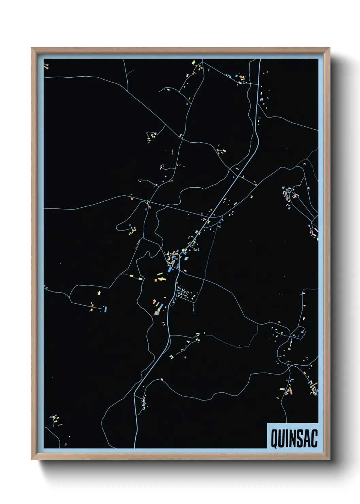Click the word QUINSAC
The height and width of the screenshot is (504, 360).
(294, 438)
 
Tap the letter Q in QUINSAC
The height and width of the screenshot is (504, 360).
(274, 439)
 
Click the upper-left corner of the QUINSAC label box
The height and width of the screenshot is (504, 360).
(267, 424)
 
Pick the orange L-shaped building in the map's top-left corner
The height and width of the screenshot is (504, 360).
(47, 67)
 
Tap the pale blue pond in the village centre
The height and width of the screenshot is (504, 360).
(186, 258)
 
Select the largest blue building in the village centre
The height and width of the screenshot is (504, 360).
(170, 269)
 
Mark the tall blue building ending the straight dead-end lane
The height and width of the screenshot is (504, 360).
(106, 309)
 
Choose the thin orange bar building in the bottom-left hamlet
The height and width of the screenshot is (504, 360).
(60, 425)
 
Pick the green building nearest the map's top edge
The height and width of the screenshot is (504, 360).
(194, 63)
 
